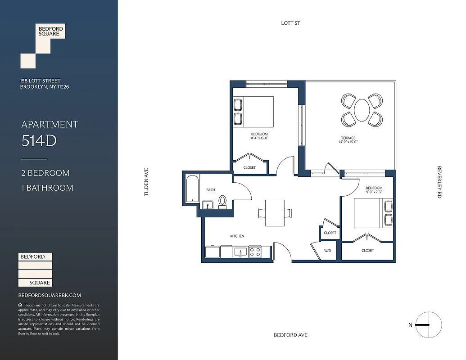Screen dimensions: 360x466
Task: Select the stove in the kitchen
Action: [x=255, y=252]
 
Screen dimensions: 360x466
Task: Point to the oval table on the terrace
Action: [x=362, y=110]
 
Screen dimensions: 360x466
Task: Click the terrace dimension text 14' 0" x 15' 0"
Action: [x=348, y=142]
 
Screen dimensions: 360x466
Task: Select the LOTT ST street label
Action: [x=290, y=23]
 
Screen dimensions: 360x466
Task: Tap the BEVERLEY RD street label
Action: [x=439, y=182]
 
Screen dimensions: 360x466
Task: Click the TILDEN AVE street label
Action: [x=146, y=182]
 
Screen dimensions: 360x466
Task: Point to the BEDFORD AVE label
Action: [x=290, y=335]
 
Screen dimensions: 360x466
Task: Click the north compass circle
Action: [x=429, y=325]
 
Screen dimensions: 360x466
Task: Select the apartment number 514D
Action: [x=39, y=141]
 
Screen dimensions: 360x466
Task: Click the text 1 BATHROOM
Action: [x=47, y=188]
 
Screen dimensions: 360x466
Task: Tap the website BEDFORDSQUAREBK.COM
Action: [x=50, y=295]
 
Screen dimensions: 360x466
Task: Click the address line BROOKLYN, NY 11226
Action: [x=44, y=87]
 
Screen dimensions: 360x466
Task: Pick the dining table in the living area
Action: [x=274, y=212]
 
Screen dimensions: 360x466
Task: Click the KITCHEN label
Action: [x=237, y=236]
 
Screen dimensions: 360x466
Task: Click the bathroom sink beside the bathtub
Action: [x=208, y=205]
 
